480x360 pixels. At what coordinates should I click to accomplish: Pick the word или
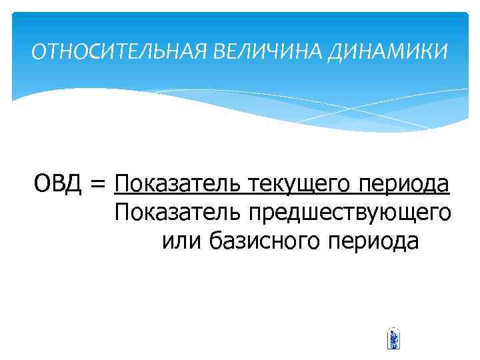click(181, 241)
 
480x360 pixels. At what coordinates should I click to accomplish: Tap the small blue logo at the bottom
click(393, 339)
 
